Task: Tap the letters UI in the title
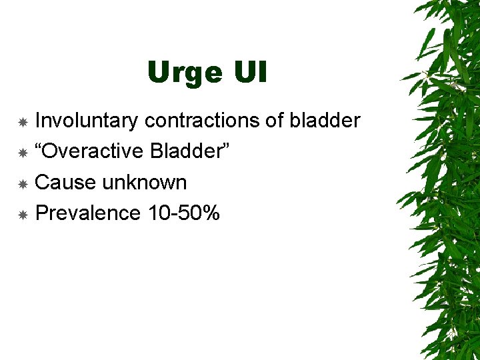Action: [249, 72]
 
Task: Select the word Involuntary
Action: [86, 121]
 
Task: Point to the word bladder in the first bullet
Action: [325, 121]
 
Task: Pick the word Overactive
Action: [96, 151]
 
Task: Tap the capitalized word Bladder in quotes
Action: [187, 151]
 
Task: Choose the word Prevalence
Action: [87, 213]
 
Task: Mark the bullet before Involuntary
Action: [23, 123]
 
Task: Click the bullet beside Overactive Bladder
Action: [23, 153]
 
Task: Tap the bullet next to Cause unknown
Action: [23, 184]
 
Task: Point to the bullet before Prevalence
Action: [23, 215]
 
